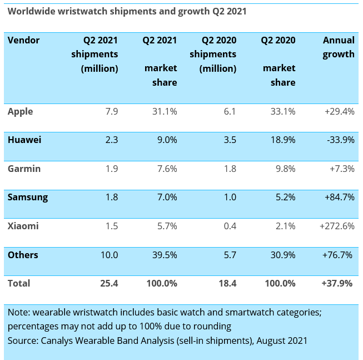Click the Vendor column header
[x=24, y=40]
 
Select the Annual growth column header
[x=339, y=47]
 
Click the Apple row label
[x=21, y=111]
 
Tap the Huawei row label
[x=24, y=140]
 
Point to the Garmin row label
[x=24, y=169]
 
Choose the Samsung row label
[x=28, y=197]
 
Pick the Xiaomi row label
[x=23, y=226]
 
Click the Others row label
[x=23, y=255]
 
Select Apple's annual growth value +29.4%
[x=339, y=111]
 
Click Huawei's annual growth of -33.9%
[x=340, y=140]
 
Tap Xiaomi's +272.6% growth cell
[x=337, y=226]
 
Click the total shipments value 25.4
[x=109, y=283]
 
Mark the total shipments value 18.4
[x=227, y=283]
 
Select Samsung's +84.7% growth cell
[x=339, y=197]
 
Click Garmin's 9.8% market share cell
[x=284, y=169]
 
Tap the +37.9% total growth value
[x=337, y=283]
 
